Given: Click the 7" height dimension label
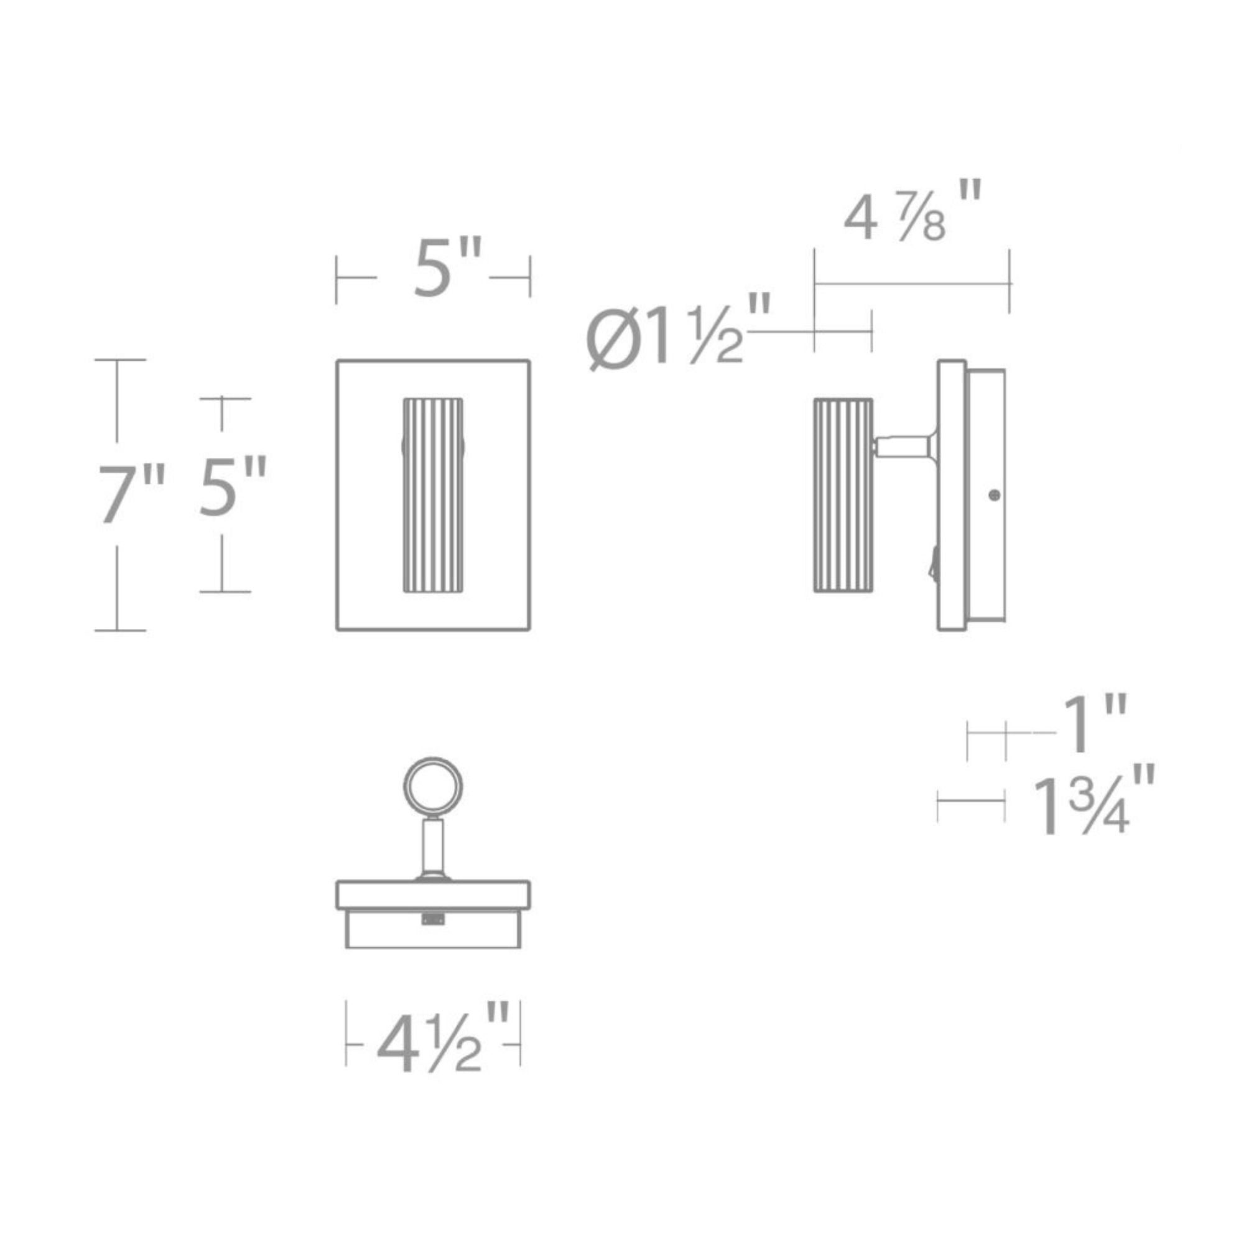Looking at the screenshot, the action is point(131,494).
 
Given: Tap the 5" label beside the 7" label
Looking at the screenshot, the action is point(233,486).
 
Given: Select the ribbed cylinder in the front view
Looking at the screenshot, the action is point(433,495).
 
